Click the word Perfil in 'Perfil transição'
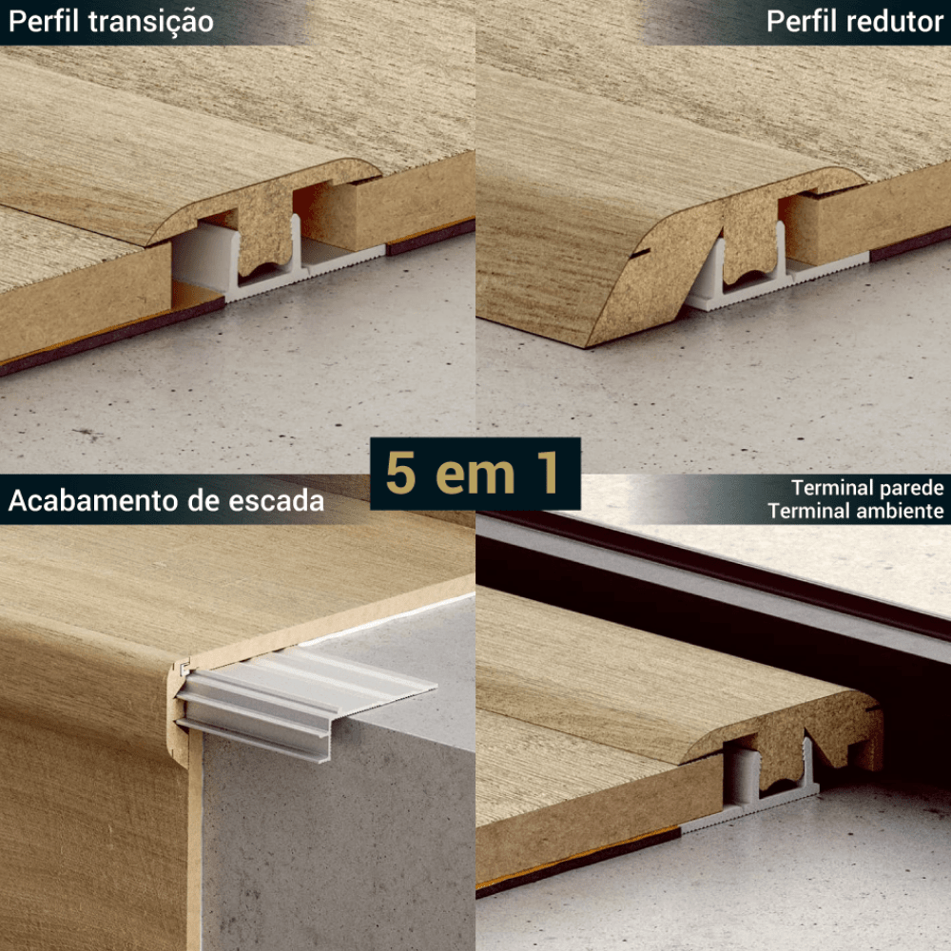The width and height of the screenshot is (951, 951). (44, 21)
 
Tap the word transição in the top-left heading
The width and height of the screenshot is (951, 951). (151, 23)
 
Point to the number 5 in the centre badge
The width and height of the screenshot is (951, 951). (401, 473)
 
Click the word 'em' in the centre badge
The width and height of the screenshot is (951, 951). (475, 477)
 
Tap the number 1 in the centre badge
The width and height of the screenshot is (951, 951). (548, 473)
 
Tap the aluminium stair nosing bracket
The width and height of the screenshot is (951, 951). (303, 701)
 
